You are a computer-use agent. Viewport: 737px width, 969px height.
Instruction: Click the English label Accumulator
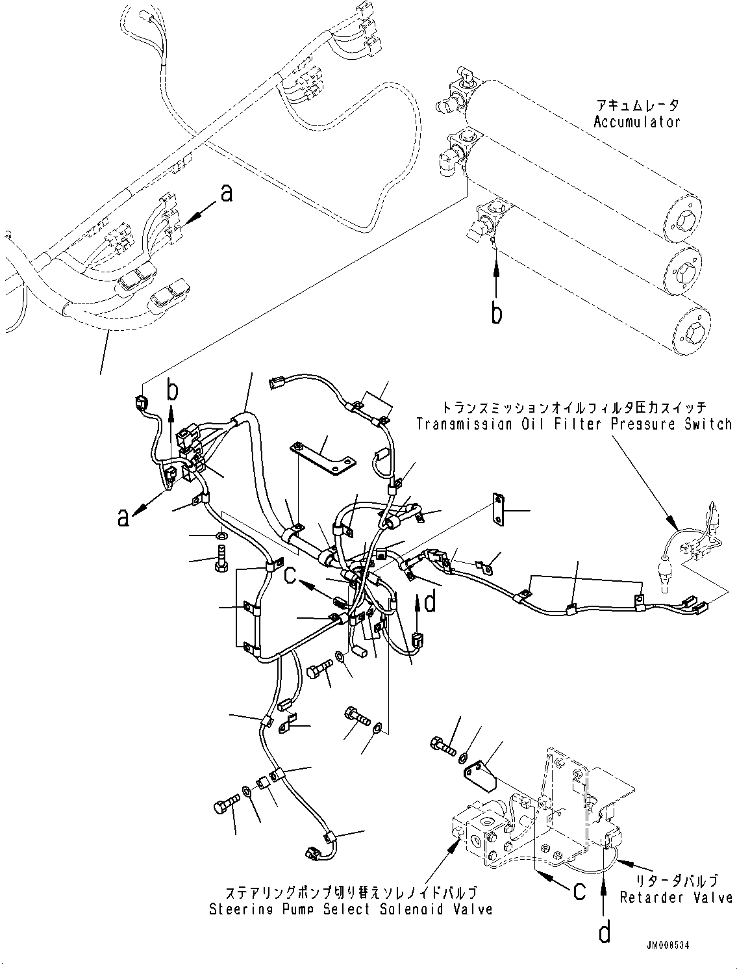(x=636, y=122)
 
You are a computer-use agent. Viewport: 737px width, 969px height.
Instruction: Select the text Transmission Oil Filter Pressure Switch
(x=574, y=424)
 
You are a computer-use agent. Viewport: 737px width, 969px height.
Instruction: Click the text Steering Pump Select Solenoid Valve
(x=351, y=909)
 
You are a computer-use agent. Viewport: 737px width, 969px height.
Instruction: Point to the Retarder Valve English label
(x=676, y=898)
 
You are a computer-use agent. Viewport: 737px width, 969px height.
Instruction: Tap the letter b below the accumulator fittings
(x=497, y=313)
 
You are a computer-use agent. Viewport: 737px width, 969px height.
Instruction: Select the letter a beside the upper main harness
(x=226, y=193)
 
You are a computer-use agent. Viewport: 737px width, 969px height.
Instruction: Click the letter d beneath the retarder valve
(x=605, y=933)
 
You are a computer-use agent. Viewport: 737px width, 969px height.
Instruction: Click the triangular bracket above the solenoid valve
(x=479, y=773)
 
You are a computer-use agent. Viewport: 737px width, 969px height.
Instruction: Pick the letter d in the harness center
(x=429, y=602)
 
